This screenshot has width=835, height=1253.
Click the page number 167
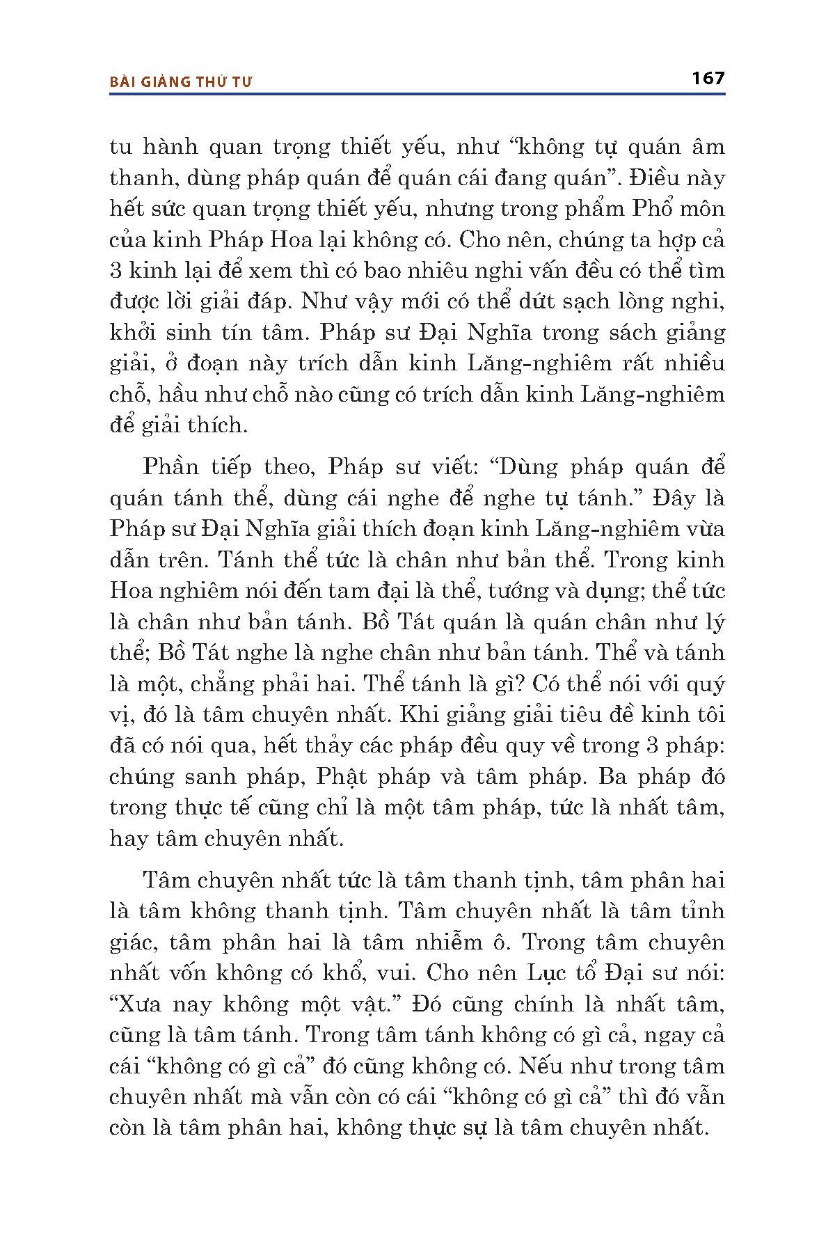708,78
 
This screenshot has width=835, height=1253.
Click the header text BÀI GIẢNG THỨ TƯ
181,81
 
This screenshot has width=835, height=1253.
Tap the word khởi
134,333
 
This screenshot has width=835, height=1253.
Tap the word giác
133,943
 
